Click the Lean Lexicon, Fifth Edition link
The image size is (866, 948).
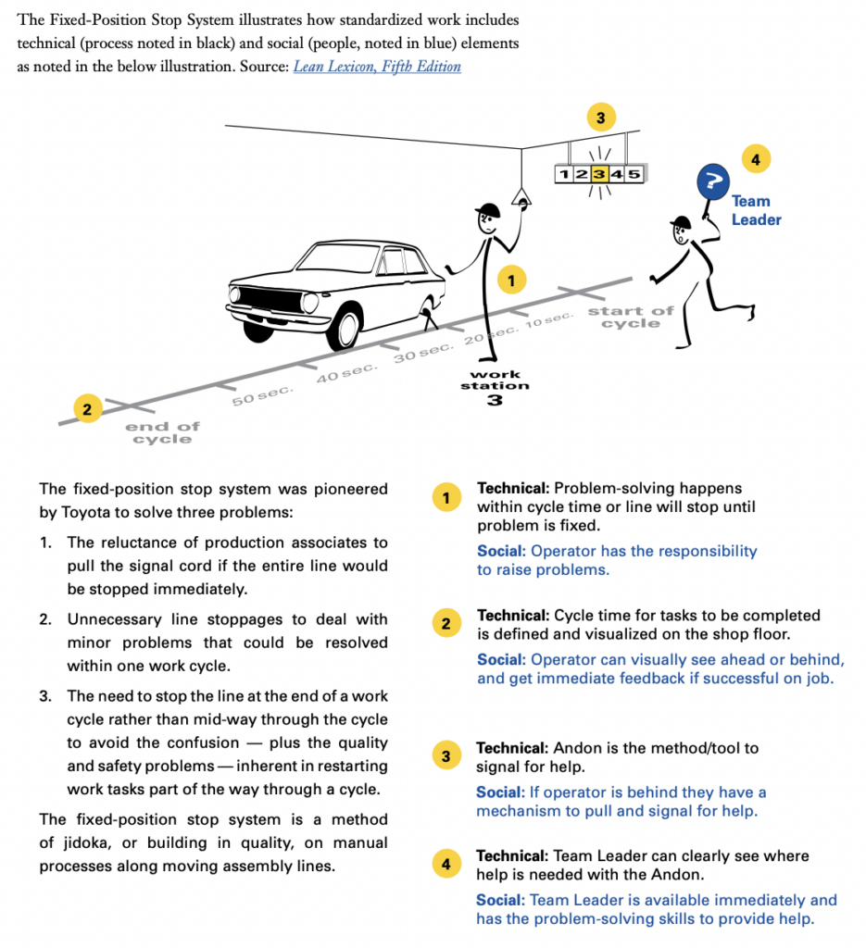coord(377,67)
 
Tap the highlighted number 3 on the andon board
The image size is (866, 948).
coord(600,173)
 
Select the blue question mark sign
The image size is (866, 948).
coord(711,181)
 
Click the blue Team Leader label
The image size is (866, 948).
coord(756,210)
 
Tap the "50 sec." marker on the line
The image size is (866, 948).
coord(262,395)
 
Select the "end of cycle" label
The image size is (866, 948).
coord(162,432)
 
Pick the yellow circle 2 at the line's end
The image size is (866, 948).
coord(88,408)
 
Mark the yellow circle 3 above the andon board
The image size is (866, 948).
coord(600,118)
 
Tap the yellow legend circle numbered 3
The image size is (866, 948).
coord(446,756)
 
